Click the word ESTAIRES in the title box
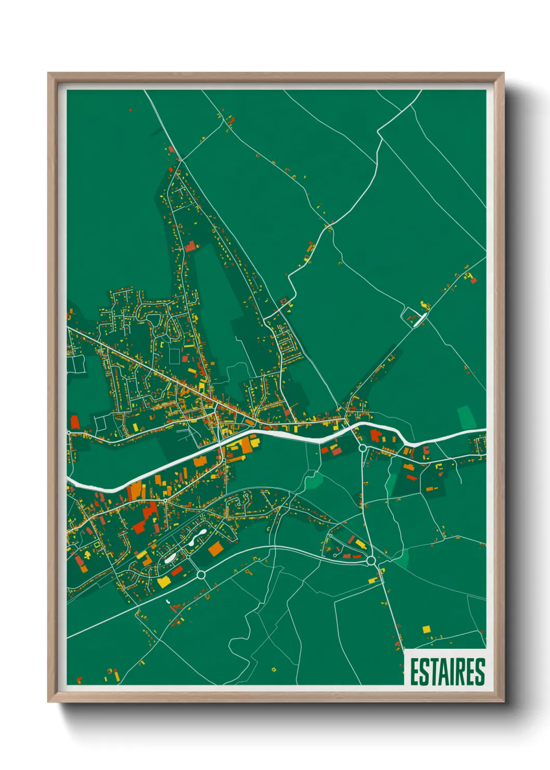pyautogui.click(x=447, y=672)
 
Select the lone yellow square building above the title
pyautogui.click(x=426, y=629)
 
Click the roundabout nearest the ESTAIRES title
pyautogui.click(x=371, y=560)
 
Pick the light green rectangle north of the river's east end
pyautogui.click(x=467, y=418)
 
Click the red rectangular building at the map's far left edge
pyautogui.click(x=75, y=421)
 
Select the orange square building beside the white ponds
pyautogui.click(x=215, y=548)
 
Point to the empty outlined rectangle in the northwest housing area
pyautogui.click(x=175, y=356)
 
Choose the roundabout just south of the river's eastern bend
pyautogui.click(x=362, y=447)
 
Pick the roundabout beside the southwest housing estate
pyautogui.click(x=201, y=574)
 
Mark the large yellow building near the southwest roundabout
pyautogui.click(x=163, y=581)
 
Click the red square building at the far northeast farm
pyautogui.click(x=474, y=280)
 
